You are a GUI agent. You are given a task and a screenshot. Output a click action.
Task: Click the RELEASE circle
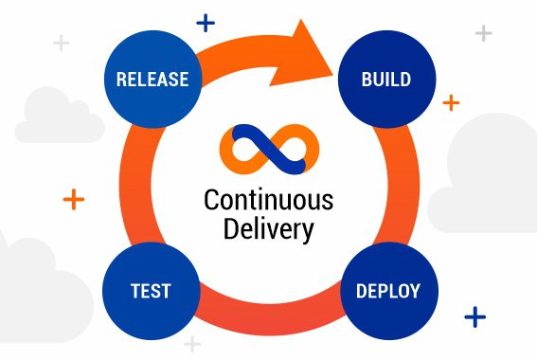(x=152, y=79)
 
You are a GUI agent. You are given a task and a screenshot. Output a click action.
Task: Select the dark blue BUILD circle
(x=385, y=79)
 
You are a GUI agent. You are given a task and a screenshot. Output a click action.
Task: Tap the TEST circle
(x=152, y=289)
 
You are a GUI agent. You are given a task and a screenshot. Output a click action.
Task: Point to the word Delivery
(x=268, y=228)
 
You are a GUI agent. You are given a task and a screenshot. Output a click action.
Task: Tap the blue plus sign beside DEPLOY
(x=474, y=315)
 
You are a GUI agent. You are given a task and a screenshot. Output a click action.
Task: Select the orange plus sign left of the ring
(x=74, y=199)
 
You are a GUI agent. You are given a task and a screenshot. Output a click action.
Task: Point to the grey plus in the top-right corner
(x=483, y=33)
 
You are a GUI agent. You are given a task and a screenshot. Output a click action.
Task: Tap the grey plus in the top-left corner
(x=62, y=43)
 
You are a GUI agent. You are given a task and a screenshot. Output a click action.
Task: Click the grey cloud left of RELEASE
(x=57, y=116)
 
